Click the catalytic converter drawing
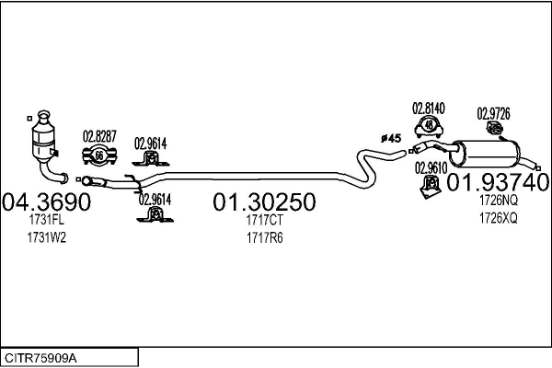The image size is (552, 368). point(43,142)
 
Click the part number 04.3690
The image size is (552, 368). point(46,201)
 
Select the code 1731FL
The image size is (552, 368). point(45,220)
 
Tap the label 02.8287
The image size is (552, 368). point(100,136)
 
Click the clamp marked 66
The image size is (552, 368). point(99,155)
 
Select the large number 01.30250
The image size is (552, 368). point(264,201)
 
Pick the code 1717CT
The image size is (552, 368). point(264,220)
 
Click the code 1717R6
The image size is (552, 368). point(264,236)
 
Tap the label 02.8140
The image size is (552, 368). point(429,108)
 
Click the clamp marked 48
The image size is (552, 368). point(429,127)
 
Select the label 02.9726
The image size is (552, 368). point(493,113)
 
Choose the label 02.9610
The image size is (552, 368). point(431,167)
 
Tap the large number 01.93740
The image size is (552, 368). point(498,182)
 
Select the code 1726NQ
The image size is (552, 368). point(498,200)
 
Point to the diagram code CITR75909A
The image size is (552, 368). point(41,356)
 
